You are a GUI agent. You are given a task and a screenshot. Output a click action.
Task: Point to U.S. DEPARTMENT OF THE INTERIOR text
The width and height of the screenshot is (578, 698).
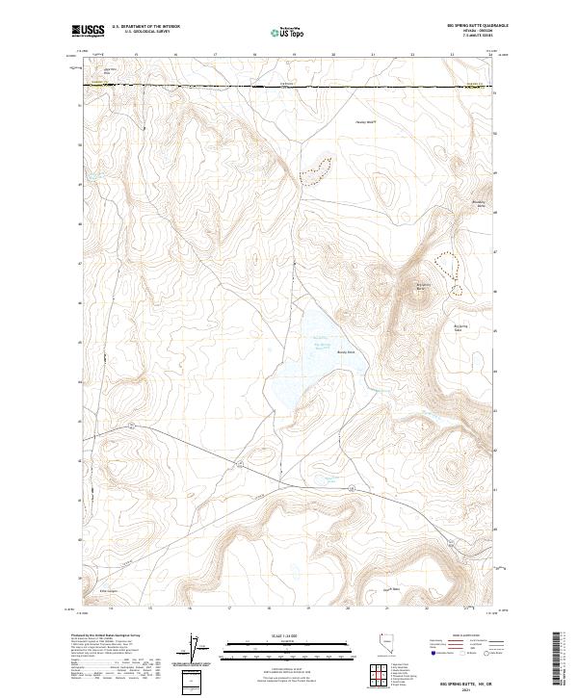tap(145, 27)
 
